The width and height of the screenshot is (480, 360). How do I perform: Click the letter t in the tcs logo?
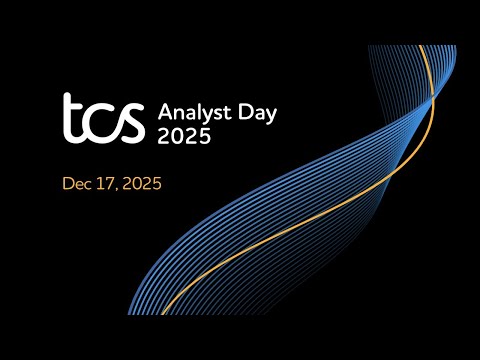[73, 118]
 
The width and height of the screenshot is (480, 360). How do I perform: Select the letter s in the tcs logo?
[131, 123]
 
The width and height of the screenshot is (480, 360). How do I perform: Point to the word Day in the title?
[254, 110]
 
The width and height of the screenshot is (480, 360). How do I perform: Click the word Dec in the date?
[77, 184]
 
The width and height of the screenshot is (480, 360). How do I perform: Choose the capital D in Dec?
[68, 184]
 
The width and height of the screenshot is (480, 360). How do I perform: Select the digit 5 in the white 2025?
[205, 136]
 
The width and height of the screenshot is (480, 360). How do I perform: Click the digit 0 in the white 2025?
[177, 136]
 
